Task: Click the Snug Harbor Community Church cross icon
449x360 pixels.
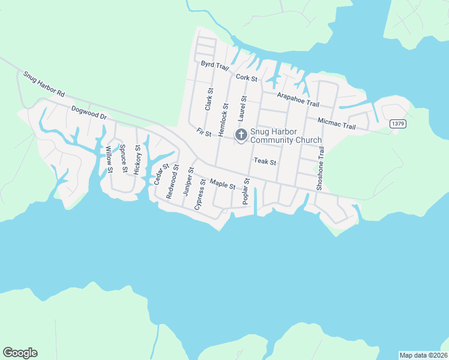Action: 241,136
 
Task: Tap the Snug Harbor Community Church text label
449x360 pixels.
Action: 286,136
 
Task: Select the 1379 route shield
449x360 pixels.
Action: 397,124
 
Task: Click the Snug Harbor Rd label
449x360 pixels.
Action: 44,85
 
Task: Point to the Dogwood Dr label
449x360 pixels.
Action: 88,112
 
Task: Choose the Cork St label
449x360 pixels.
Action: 247,77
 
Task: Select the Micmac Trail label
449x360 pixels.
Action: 337,123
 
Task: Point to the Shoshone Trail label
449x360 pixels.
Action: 321,169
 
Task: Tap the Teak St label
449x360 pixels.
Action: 265,161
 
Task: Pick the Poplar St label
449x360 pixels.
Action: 245,192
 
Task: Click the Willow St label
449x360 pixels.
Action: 109,160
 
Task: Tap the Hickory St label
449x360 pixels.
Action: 137,159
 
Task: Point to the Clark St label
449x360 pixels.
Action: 209,99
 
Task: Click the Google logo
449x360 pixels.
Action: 20,353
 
